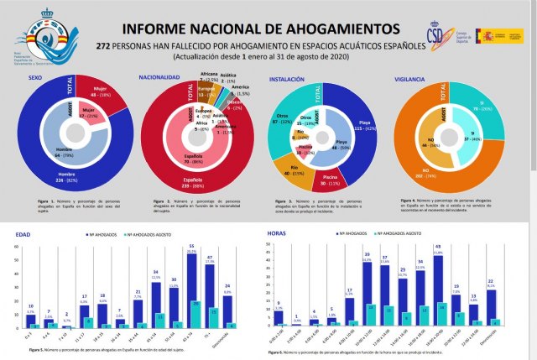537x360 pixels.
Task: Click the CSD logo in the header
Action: click(x=437, y=38)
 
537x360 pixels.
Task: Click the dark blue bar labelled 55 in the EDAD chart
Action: click(x=190, y=290)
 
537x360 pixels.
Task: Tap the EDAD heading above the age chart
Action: click(x=23, y=234)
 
